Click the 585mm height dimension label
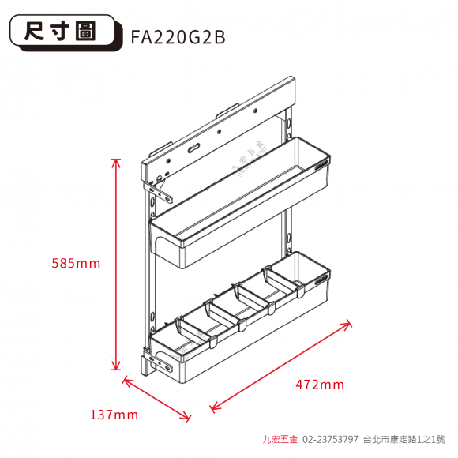click(x=76, y=264)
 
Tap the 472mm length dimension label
click(x=320, y=385)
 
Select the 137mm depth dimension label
click(x=114, y=415)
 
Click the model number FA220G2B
click(x=178, y=37)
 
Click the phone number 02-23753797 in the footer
click(x=330, y=439)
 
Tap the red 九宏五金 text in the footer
click(x=280, y=439)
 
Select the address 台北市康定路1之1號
click(x=404, y=439)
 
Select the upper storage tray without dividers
click(x=240, y=202)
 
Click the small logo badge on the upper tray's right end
click(x=322, y=165)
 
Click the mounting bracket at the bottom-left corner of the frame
click(x=160, y=363)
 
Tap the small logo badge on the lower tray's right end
click(x=322, y=280)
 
